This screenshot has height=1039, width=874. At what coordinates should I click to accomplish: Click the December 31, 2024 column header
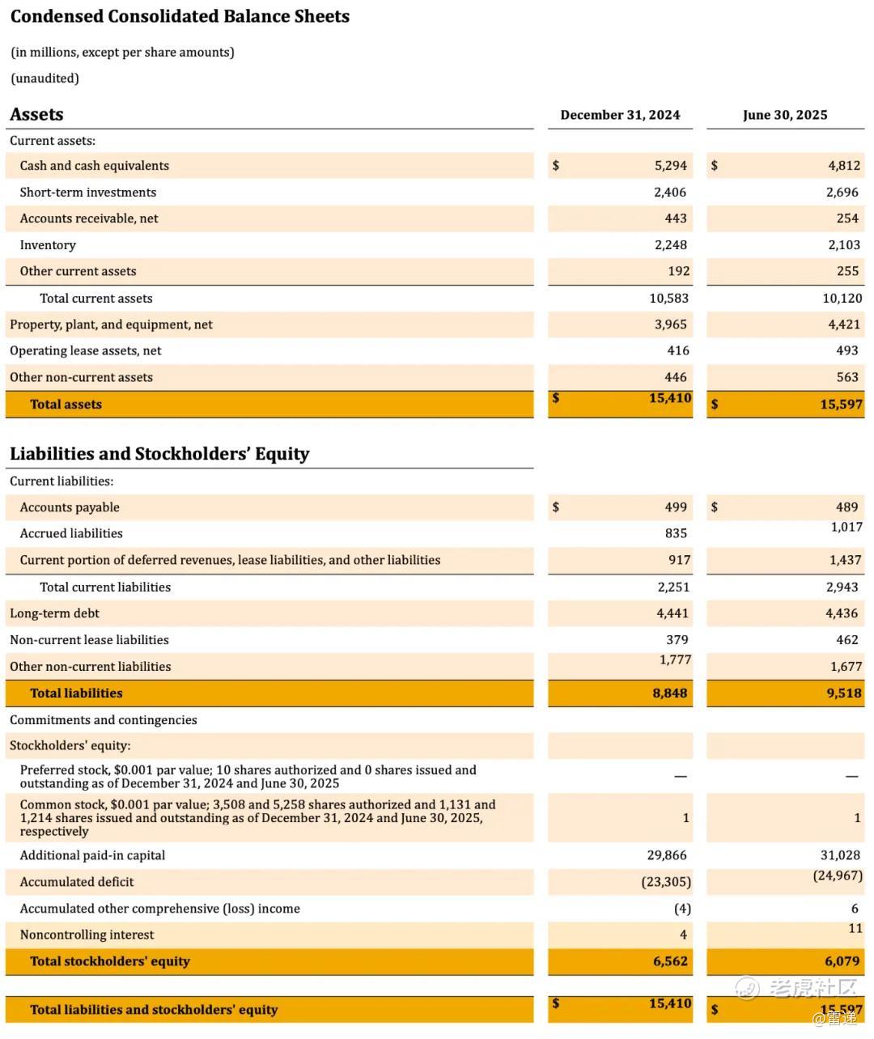tap(620, 115)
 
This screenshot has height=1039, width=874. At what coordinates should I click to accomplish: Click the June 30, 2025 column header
tap(785, 115)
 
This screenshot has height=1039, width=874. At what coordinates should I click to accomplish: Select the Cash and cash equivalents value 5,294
tap(670, 166)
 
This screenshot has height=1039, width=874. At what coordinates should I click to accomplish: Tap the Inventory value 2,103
tap(843, 245)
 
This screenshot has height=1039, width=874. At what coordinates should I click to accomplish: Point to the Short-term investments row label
tap(87, 193)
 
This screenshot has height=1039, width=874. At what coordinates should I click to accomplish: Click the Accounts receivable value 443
tap(675, 218)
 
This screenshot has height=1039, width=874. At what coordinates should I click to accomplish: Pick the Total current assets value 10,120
tap(842, 299)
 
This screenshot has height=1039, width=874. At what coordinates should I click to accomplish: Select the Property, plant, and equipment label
tap(111, 324)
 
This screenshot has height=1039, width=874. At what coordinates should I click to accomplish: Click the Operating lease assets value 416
tap(677, 350)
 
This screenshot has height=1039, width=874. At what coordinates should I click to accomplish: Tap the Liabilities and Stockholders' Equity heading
tap(159, 454)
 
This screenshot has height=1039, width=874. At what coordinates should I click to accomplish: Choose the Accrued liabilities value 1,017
tap(846, 527)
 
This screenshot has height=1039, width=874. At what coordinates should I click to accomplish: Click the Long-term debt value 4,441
tap(672, 613)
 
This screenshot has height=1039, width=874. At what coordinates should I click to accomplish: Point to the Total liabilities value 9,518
tap(843, 693)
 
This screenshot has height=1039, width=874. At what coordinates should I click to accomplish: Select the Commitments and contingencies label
tap(103, 720)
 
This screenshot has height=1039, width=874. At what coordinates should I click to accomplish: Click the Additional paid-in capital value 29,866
tap(668, 855)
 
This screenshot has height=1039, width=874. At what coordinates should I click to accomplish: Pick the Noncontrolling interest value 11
tap(855, 928)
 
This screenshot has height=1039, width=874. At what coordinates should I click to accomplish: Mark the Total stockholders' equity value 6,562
tap(669, 961)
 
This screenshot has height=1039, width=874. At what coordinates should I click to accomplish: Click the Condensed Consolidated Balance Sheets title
tap(180, 17)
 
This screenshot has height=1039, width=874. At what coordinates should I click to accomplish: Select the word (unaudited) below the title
tap(45, 78)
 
